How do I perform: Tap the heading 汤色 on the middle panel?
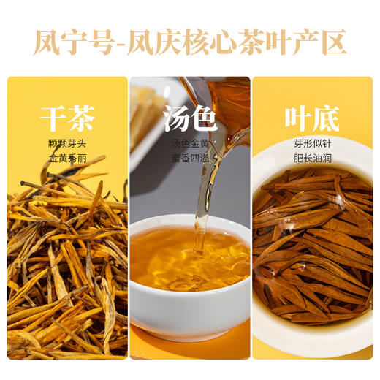189,118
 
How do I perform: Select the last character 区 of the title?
332,42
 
